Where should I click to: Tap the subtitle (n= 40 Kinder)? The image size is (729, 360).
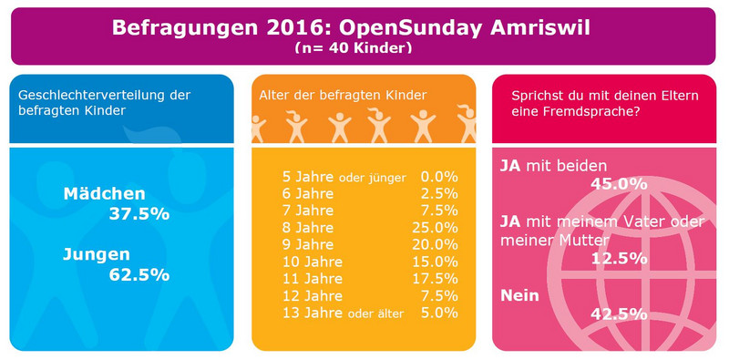354,49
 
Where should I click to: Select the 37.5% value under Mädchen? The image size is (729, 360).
139,214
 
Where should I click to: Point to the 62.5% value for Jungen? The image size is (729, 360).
139,275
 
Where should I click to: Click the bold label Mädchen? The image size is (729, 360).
104,194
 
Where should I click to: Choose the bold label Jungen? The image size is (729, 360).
97,255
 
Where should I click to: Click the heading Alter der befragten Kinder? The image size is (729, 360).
343,96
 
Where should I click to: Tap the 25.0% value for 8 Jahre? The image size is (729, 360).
435,228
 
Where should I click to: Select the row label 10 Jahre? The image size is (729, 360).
313,262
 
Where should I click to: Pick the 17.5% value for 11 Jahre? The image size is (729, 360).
435,279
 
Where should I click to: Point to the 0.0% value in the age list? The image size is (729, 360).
439,177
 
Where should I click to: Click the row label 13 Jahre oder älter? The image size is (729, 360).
344,313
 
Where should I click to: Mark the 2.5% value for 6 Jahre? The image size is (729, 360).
439,194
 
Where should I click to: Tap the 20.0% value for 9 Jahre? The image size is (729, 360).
435,244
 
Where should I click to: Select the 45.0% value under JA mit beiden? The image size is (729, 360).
619,184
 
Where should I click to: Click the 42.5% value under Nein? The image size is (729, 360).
619,314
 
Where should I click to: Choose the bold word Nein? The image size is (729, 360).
519,295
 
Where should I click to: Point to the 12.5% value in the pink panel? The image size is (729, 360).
619,259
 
